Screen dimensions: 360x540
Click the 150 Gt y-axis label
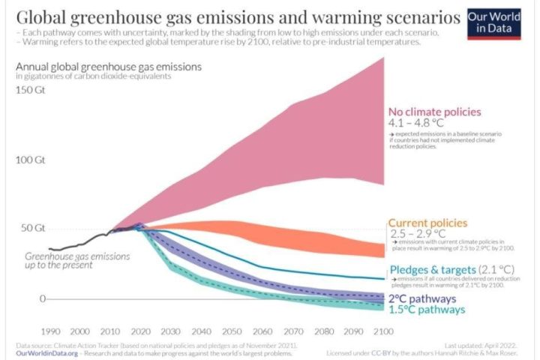click(30, 90)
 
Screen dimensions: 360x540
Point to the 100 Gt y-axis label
click(30, 160)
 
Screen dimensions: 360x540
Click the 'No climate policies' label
click(434, 112)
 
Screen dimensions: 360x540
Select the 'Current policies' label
click(427, 223)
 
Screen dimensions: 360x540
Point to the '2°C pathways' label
click(421, 298)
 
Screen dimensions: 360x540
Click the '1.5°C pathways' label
click(426, 309)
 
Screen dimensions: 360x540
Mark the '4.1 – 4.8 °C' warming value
click(417, 123)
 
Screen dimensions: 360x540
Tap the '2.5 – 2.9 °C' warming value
click(418, 234)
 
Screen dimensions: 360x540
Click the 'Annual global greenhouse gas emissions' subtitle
click(109, 67)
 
